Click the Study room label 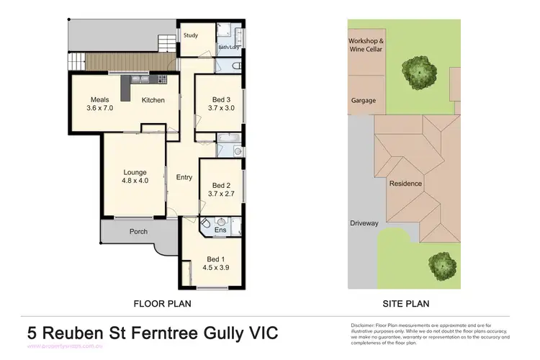click(x=191, y=35)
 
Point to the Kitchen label click(x=153, y=100)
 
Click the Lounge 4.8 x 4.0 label click(x=135, y=176)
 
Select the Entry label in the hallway click(x=184, y=177)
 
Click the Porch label click(x=138, y=232)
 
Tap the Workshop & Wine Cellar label click(x=366, y=46)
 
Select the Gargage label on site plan click(x=363, y=101)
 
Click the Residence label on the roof click(x=405, y=184)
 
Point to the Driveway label click(x=364, y=223)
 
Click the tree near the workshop click(x=418, y=70)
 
